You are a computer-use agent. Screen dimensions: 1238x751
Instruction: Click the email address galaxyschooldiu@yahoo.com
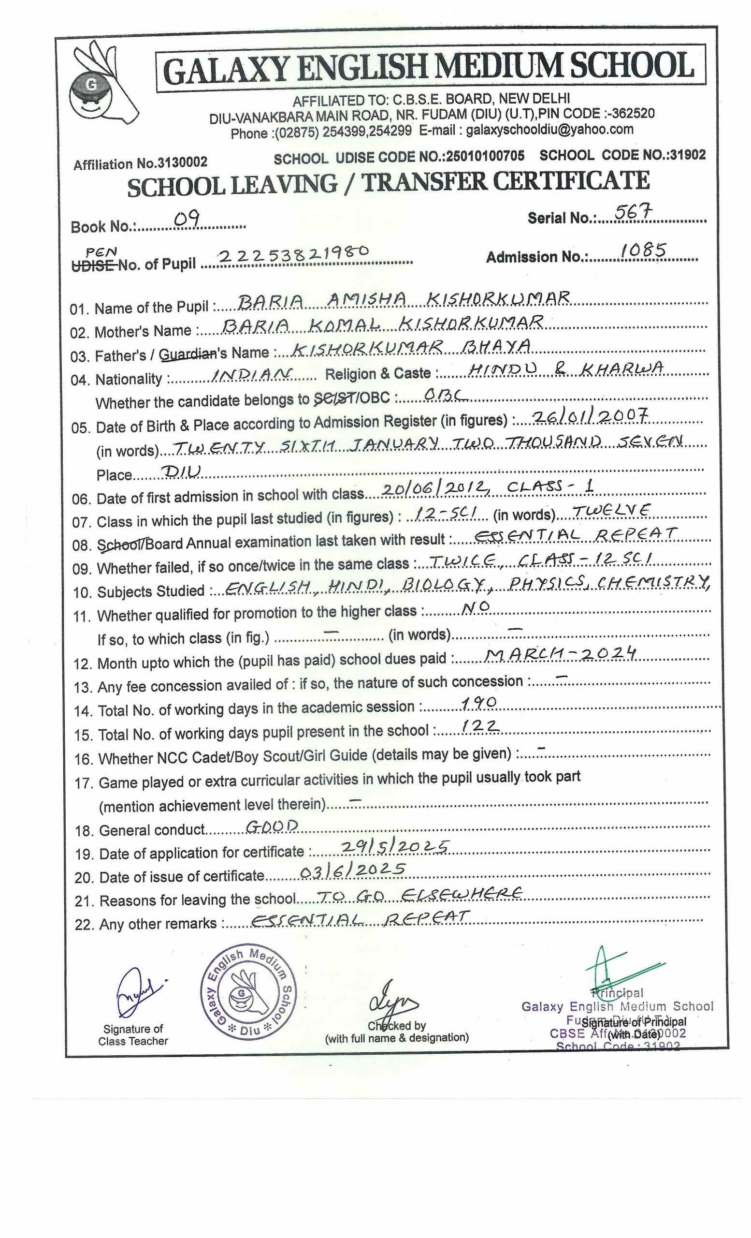(x=549, y=130)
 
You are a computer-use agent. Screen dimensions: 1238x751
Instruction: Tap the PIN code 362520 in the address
(x=633, y=114)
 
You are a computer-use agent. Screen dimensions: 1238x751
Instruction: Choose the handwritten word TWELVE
(x=611, y=511)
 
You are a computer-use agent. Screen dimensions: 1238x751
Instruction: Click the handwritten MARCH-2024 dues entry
(x=561, y=654)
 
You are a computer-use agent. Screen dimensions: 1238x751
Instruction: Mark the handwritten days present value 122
(x=479, y=726)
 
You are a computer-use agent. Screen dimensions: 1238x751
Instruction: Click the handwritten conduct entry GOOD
(x=272, y=825)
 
